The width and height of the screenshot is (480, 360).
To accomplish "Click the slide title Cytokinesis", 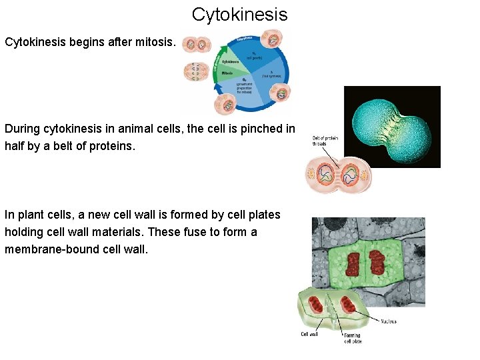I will coord(239,14).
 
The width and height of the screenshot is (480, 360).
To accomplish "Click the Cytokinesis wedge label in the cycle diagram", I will coord(231,61).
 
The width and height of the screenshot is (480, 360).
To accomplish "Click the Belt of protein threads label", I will coord(325,141).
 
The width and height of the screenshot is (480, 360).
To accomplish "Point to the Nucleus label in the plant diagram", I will coord(388,321).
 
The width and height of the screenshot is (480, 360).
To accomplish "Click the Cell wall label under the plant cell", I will coord(309,335).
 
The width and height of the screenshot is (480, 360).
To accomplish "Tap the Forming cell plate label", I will coord(352,337).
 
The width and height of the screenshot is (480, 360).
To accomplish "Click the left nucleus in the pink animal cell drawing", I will coord(327,174).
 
